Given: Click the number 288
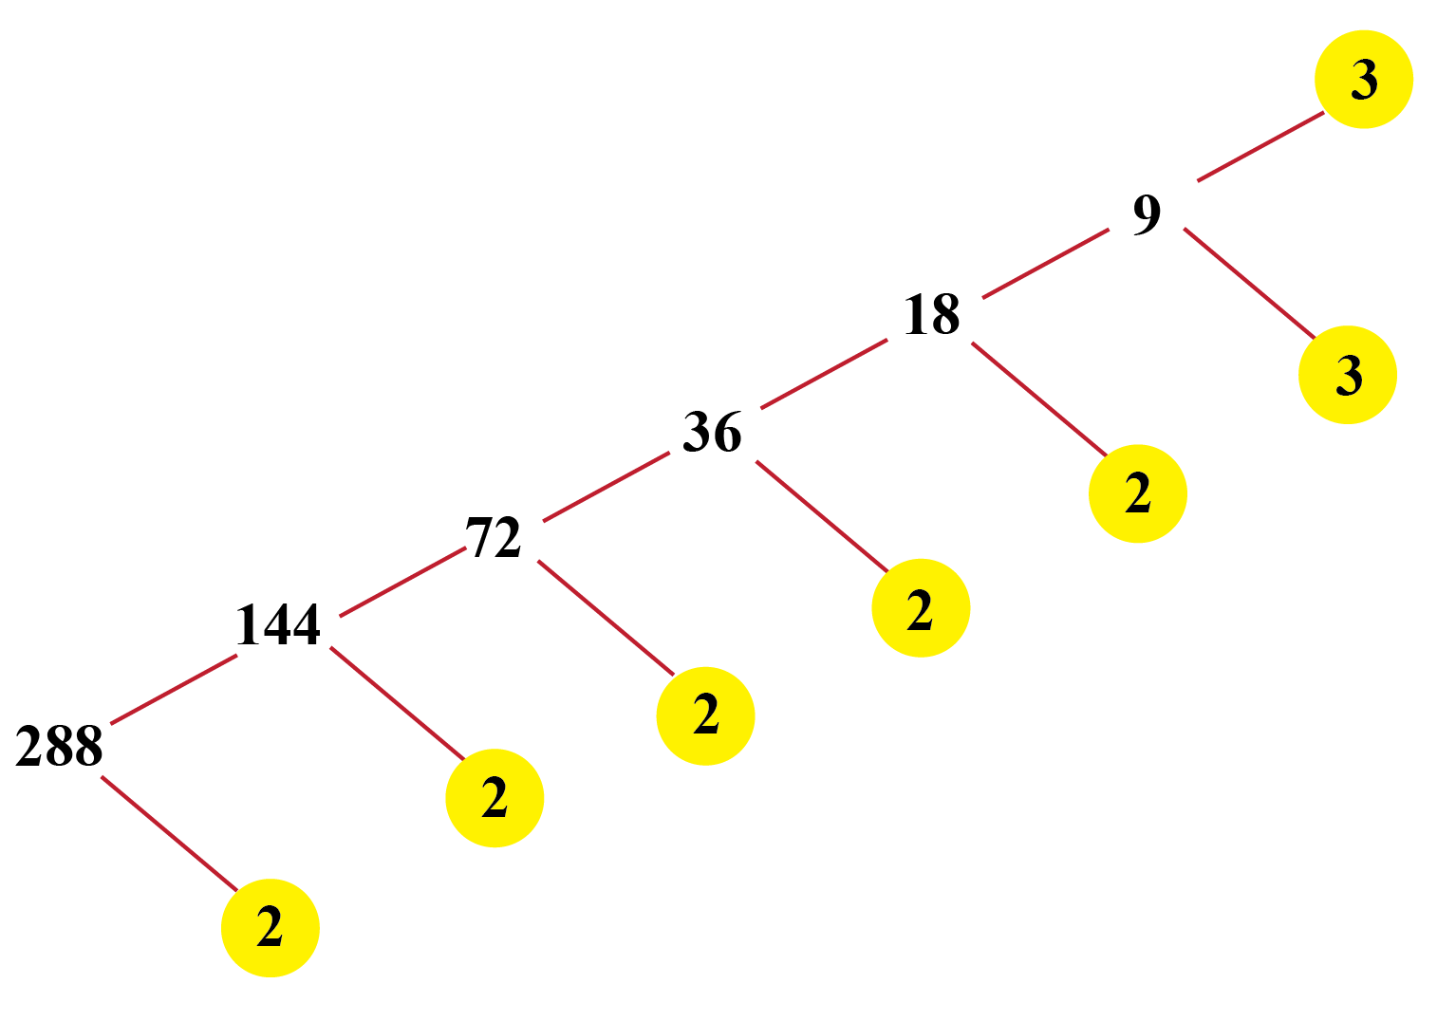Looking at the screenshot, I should click(x=59, y=746).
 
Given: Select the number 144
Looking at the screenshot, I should click(x=278, y=625).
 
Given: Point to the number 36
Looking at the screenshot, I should click(x=712, y=433).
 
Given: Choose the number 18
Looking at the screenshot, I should click(x=932, y=315).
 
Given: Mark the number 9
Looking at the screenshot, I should click(x=1147, y=213).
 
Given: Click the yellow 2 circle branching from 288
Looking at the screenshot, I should click(x=271, y=927).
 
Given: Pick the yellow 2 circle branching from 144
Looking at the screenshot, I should click(x=495, y=797).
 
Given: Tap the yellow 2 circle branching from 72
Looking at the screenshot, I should click(x=705, y=715).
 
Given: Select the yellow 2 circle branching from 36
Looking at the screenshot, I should click(x=921, y=607).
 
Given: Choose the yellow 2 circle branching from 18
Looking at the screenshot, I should click(x=1137, y=493).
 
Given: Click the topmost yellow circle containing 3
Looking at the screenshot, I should click(x=1364, y=80).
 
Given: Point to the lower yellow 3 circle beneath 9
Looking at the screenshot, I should click(x=1348, y=375).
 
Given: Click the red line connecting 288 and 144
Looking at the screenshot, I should click(x=174, y=689).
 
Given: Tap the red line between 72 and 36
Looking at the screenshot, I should click(x=606, y=488).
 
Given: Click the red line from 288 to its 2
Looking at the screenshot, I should click(x=169, y=833).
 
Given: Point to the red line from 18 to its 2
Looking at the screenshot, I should click(x=1039, y=399).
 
